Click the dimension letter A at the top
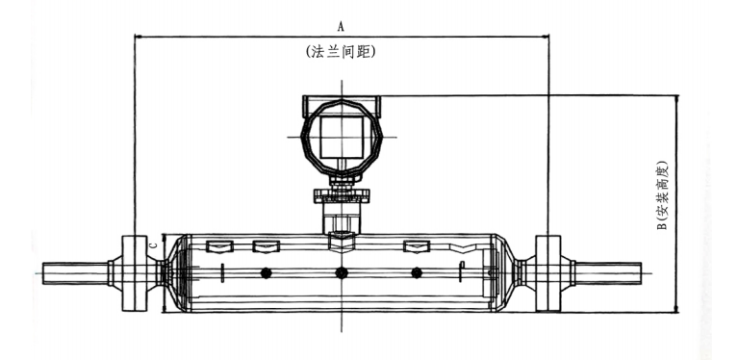(341, 27)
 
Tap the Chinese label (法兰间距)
(341, 52)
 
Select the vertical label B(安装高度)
(662, 195)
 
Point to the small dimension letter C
(152, 245)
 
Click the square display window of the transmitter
(342, 137)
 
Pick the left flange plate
(135, 273)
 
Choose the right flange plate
(548, 273)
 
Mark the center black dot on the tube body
(342, 273)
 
